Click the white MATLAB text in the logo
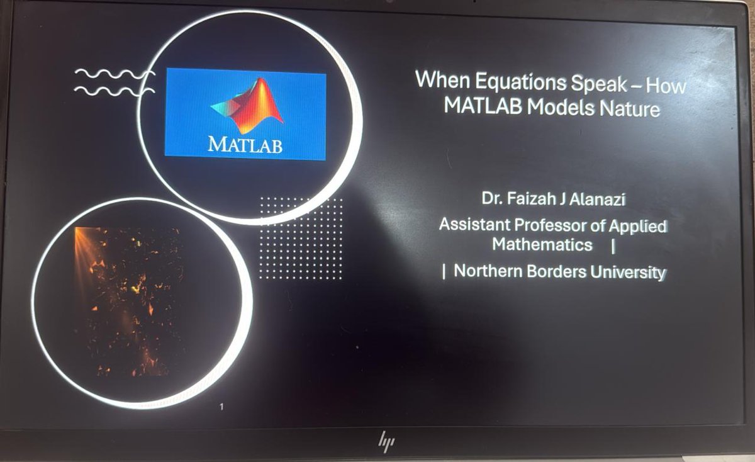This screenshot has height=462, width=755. pyautogui.click(x=245, y=145)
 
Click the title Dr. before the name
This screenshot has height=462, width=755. pyautogui.click(x=491, y=201)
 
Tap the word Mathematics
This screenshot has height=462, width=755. pyautogui.click(x=542, y=244)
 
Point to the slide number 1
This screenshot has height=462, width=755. pyautogui.click(x=221, y=407)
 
